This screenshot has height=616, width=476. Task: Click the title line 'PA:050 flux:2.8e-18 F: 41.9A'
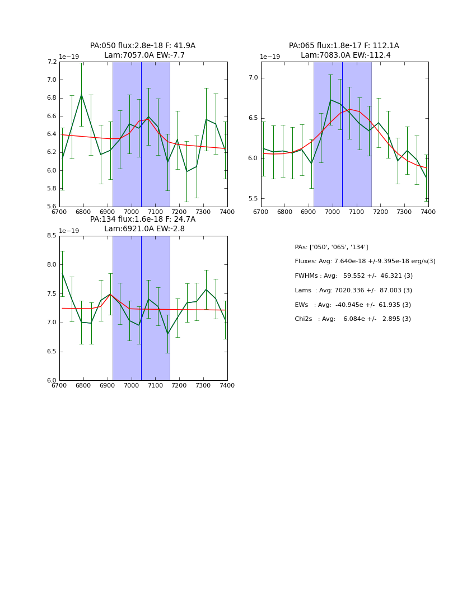(143, 46)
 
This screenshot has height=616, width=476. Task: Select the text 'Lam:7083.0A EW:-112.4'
(344, 55)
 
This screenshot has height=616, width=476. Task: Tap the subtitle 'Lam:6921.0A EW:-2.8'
(144, 229)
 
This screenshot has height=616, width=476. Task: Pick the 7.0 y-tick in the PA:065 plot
(252, 78)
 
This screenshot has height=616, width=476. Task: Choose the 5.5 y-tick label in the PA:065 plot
(252, 199)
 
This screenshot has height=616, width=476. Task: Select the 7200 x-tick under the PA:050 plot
(179, 212)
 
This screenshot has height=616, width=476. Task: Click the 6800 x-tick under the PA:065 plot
(284, 212)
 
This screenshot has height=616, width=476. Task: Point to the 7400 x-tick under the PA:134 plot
(227, 385)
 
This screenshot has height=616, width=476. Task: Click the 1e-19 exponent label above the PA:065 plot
(270, 57)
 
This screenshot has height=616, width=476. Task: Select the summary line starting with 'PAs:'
(331, 248)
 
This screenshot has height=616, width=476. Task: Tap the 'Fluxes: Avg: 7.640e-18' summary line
(365, 262)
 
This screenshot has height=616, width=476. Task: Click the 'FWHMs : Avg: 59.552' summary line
(353, 276)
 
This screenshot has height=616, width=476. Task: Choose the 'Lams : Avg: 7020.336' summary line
(353, 291)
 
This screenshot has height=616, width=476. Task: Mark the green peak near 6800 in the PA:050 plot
(81, 94)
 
